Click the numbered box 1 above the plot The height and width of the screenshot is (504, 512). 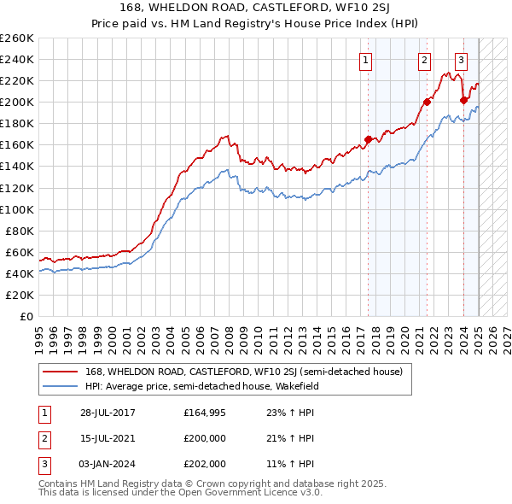(365, 60)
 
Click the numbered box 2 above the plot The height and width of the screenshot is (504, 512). (424, 60)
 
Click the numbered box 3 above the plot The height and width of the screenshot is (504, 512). (461, 60)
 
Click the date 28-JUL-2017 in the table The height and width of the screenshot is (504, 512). (108, 413)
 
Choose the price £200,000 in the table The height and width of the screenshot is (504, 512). (206, 438)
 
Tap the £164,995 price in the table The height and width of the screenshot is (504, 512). (206, 413)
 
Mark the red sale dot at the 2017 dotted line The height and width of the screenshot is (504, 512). (369, 139)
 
